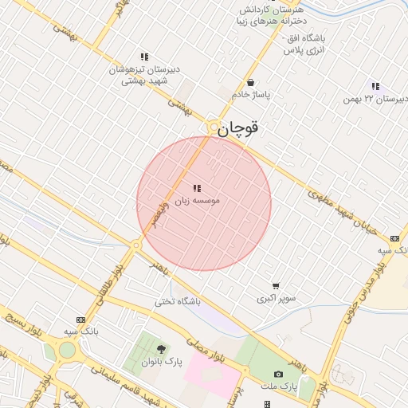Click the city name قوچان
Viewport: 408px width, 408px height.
click(x=239, y=127)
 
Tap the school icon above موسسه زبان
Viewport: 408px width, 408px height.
click(x=196, y=189)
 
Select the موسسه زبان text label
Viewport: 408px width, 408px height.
click(x=196, y=201)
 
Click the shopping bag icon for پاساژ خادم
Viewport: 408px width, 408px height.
click(x=251, y=82)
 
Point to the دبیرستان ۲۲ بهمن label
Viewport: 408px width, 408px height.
click(x=375, y=99)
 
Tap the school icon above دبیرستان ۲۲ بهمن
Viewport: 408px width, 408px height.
click(x=375, y=86)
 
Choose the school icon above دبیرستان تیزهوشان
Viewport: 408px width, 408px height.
click(x=144, y=57)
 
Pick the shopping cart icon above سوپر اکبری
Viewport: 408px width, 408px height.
click(x=276, y=286)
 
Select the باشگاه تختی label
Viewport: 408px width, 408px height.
click(x=178, y=301)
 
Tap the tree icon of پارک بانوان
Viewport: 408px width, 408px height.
click(x=161, y=349)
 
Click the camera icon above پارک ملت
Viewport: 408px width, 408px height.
click(x=278, y=374)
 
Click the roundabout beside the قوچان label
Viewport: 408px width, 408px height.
click(x=213, y=127)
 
